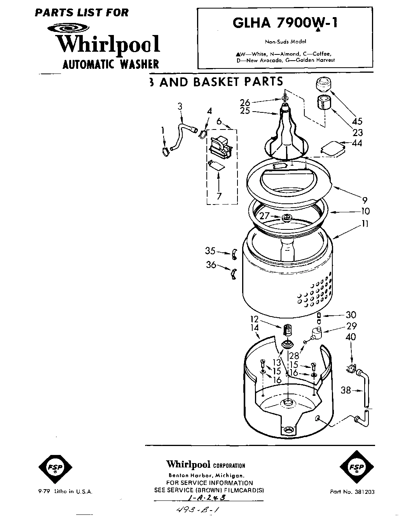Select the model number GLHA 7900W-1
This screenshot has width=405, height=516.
(x=285, y=23)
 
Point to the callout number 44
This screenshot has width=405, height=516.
(x=356, y=143)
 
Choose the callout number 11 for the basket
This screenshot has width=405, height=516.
(x=365, y=224)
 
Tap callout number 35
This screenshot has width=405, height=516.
(x=210, y=251)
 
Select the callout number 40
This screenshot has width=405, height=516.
(x=351, y=337)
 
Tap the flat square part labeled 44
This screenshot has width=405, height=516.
(x=333, y=149)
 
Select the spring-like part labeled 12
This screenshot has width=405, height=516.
(x=287, y=330)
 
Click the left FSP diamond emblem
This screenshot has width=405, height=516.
(x=55, y=467)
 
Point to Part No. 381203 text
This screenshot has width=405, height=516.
(x=352, y=492)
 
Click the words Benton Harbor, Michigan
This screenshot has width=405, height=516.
(x=206, y=476)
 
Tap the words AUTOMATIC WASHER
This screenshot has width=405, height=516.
(x=111, y=64)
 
